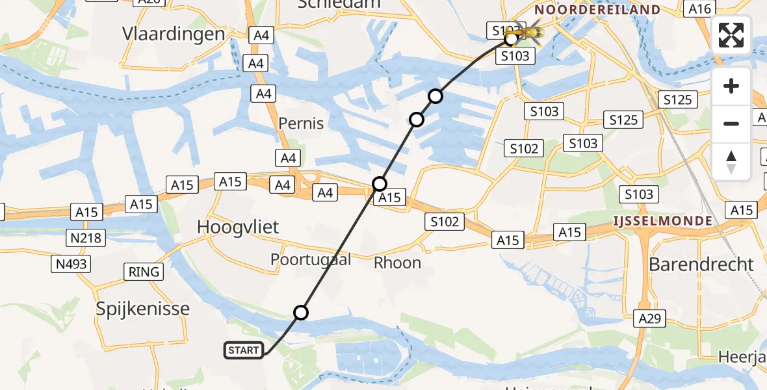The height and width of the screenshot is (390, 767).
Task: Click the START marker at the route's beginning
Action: tap(244, 350)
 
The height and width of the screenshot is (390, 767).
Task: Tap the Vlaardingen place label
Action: tap(174, 34)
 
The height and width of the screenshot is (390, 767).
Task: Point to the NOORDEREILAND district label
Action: tap(597, 10)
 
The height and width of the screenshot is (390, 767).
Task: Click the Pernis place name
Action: tap(301, 123)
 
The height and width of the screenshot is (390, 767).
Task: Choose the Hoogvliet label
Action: tap(238, 227)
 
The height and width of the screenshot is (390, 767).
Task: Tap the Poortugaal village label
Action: tap(311, 260)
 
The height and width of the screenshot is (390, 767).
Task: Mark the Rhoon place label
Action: tap(398, 263)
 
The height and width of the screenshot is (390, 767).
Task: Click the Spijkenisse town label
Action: tap(143, 309)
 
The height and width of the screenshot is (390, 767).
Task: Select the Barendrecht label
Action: tap(701, 265)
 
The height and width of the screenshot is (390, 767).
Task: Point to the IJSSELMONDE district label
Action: tap(663, 221)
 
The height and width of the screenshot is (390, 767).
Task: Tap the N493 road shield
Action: tap(71, 263)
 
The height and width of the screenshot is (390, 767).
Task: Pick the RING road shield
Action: tap(144, 272)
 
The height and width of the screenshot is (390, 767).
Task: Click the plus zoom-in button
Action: tap(731, 86)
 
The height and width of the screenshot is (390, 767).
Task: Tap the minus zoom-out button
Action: tap(731, 123)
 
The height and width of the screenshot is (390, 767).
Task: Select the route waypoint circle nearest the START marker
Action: tap(300, 313)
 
